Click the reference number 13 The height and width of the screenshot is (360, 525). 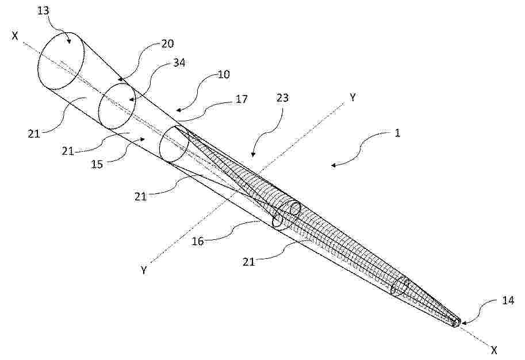pyautogui.click(x=44, y=11)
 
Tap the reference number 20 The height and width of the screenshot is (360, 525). pyautogui.click(x=167, y=44)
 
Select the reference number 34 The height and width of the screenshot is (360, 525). pyautogui.click(x=179, y=63)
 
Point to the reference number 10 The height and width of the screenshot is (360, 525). pyautogui.click(x=224, y=74)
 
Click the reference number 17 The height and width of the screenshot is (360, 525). pyautogui.click(x=241, y=99)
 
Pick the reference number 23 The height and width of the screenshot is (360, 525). pyautogui.click(x=282, y=98)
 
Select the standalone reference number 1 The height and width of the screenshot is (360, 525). pyautogui.click(x=397, y=133)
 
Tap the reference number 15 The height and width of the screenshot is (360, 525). pyautogui.click(x=97, y=164)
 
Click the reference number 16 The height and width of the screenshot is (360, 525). pyautogui.click(x=198, y=241)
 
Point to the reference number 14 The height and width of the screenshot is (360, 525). pyautogui.click(x=508, y=300)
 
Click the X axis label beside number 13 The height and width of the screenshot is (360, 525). pyautogui.click(x=15, y=36)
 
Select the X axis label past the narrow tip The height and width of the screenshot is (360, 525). pyautogui.click(x=494, y=350)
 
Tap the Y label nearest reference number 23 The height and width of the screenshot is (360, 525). pyautogui.click(x=352, y=97)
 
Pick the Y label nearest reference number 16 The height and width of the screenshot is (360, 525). pyautogui.click(x=144, y=270)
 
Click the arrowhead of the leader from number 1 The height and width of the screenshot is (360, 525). pyautogui.click(x=333, y=164)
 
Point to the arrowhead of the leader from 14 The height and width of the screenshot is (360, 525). pyautogui.click(x=463, y=323)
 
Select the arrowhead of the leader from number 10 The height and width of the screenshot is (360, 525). pyautogui.click(x=178, y=110)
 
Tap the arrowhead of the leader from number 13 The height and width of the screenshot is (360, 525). pyautogui.click(x=70, y=41)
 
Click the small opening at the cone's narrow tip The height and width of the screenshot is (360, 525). pyautogui.click(x=457, y=322)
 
